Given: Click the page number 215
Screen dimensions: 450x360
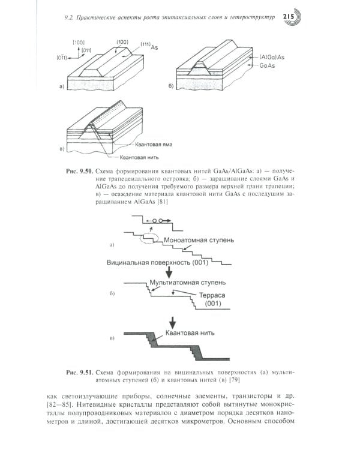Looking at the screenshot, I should click(290, 17).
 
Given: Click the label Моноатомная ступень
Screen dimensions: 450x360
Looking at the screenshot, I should click(204, 239).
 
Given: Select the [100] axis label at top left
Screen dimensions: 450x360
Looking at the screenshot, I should click(78, 42).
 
